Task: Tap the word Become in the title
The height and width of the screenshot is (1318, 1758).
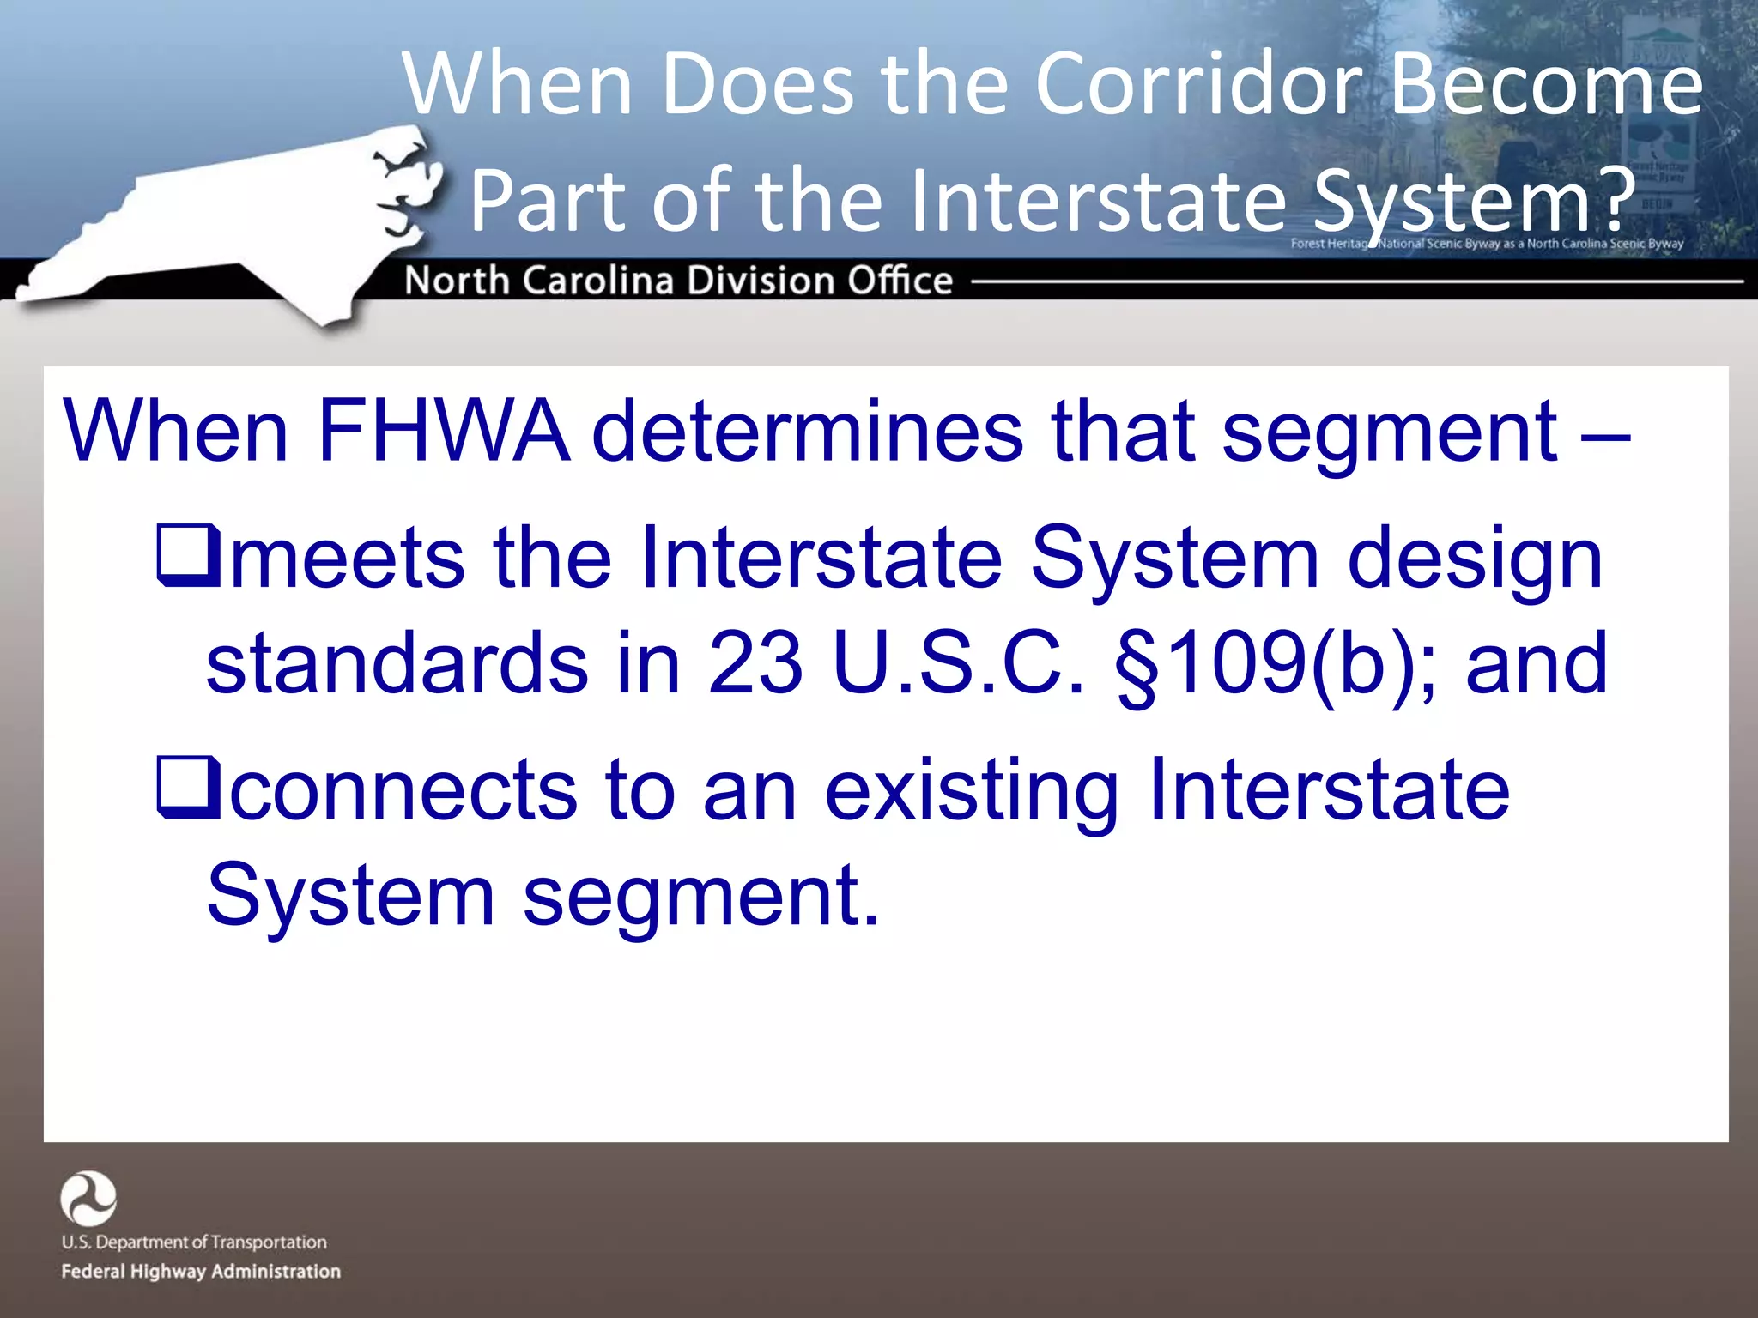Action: (1546, 84)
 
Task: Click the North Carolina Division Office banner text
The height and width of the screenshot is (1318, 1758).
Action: (678, 281)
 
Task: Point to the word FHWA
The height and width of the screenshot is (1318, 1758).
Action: (443, 431)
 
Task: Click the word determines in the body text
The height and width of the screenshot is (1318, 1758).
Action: (807, 431)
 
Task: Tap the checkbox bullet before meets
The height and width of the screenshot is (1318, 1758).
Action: (188, 558)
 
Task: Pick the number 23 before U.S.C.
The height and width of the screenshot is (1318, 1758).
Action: (755, 662)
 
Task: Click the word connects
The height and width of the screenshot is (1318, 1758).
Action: (403, 789)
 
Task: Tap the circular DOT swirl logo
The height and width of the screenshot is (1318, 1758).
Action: (88, 1198)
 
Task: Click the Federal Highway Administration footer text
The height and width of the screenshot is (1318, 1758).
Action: (201, 1271)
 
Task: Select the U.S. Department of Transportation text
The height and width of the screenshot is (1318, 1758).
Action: (194, 1242)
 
